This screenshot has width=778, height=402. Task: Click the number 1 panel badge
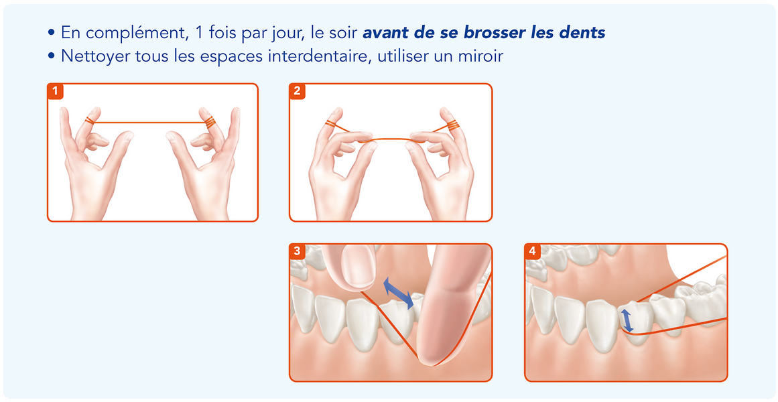pos(55,91)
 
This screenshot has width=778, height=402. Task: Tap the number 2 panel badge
pos(298,91)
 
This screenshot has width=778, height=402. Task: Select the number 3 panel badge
pos(298,251)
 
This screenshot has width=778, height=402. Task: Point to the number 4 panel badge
pos(532,251)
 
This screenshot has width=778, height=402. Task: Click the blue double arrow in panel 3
pos(399,294)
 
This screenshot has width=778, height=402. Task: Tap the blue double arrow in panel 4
pos(627,320)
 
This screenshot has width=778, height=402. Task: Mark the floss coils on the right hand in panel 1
pos(210,121)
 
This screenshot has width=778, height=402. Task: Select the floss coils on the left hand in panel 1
pos(89,120)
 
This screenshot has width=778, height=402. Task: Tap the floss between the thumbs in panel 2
pos(391,139)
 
